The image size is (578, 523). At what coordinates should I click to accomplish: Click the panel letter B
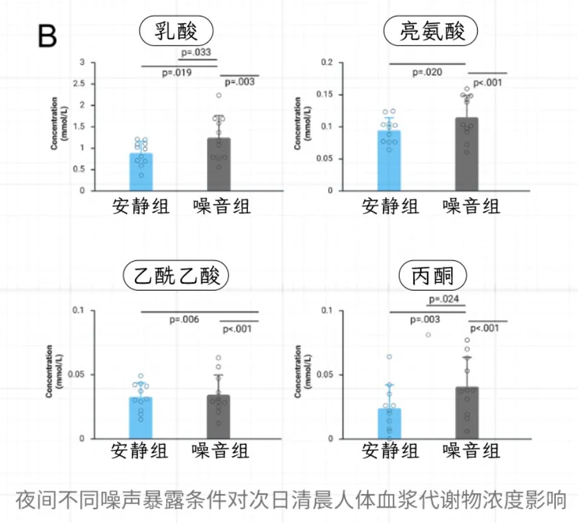(x=47, y=37)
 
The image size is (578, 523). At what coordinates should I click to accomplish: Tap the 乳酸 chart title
(x=176, y=31)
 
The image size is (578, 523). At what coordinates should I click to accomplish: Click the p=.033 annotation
(x=196, y=52)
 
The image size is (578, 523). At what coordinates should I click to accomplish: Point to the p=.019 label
(x=177, y=73)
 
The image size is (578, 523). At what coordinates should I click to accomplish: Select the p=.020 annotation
(x=427, y=72)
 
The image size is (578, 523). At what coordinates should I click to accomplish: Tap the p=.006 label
(x=184, y=320)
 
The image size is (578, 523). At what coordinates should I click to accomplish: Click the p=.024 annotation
(x=444, y=299)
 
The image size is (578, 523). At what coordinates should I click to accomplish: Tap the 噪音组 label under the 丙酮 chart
(x=471, y=451)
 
